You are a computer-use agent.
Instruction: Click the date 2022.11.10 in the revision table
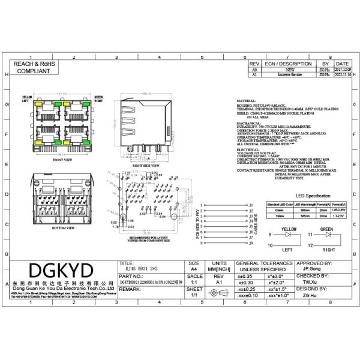click(x=342, y=76)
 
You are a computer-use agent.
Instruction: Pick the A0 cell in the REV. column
click(x=254, y=70)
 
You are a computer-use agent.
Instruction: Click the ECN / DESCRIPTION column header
click(x=289, y=63)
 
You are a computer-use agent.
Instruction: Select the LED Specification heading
click(x=313, y=196)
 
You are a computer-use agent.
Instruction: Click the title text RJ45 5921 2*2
click(x=135, y=270)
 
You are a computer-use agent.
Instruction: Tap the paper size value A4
click(x=194, y=270)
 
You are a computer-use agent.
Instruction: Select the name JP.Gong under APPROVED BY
click(x=313, y=270)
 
